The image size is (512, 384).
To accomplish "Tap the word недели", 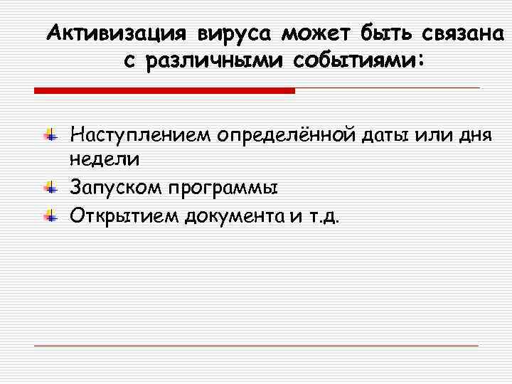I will pos(105,161).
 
